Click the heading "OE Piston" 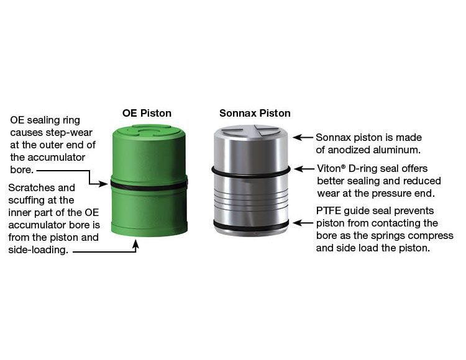(x=147, y=113)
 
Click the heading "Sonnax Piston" (x=255, y=113)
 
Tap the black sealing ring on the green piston (x=149, y=186)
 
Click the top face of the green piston (x=148, y=131)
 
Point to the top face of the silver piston (x=251, y=131)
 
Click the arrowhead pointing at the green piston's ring (x=103, y=184)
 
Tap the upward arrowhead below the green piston (x=136, y=244)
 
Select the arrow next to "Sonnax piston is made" (x=303, y=137)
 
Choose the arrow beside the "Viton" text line (x=304, y=169)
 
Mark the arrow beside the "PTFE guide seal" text (x=303, y=223)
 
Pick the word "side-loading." (x=38, y=250)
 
